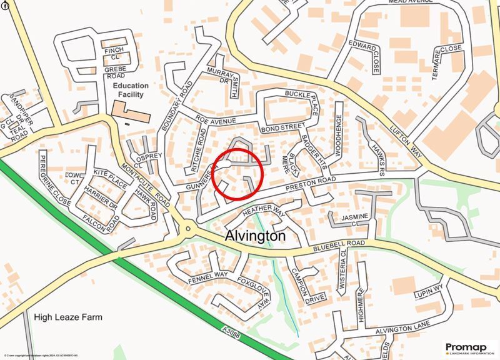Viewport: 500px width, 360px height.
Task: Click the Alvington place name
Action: pyautogui.click(x=254, y=237)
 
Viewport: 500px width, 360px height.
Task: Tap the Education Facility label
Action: pyautogui.click(x=131, y=90)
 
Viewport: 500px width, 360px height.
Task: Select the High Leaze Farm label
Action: pyautogui.click(x=68, y=317)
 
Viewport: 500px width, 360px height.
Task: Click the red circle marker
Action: pyautogui.click(x=237, y=174)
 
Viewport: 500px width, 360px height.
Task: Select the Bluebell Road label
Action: pyautogui.click(x=339, y=243)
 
